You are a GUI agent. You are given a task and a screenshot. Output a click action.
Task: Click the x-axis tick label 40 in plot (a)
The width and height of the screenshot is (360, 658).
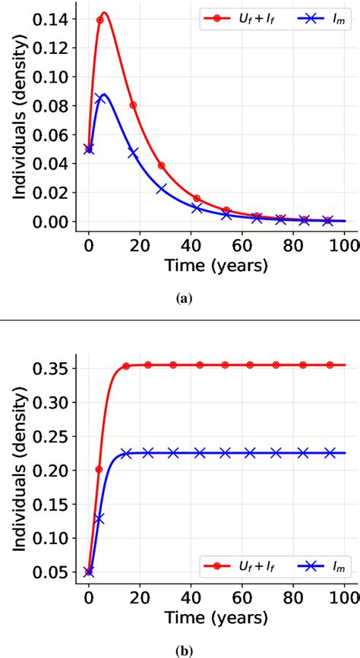click(x=195, y=245)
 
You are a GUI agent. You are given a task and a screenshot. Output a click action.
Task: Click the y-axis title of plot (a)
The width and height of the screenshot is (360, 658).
click(x=17, y=121)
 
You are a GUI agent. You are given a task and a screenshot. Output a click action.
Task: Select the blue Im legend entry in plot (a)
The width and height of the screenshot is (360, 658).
click(x=311, y=17)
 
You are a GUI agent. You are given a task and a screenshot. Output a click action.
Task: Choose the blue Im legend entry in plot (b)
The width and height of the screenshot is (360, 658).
click(x=311, y=566)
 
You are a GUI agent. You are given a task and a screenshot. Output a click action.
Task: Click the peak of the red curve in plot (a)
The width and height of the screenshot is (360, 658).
click(x=104, y=13)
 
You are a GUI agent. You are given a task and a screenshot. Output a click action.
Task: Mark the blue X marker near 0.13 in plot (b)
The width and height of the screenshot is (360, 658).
click(x=99, y=518)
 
